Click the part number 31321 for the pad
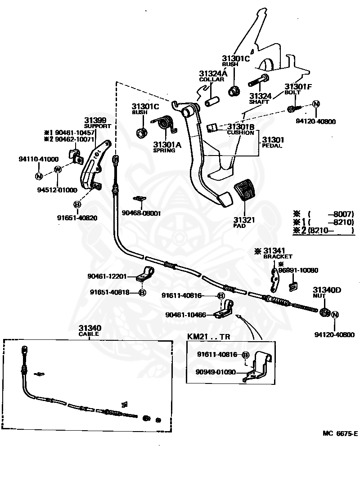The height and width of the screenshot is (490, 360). pos(244,220)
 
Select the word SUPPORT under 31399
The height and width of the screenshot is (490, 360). pos(98,126)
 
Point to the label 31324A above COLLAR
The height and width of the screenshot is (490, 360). pos(213,73)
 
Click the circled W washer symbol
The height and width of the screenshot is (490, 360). pos(58,169)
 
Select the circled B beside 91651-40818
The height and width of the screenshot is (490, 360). pos(142,293)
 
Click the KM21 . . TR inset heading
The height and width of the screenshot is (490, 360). pos(209,336)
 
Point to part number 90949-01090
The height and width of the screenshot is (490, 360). pos(216,372)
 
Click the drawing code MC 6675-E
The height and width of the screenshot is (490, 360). pos(340,433)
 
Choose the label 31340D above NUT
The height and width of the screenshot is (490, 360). pos(327,290)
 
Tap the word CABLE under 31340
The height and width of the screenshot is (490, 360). pos(89,334)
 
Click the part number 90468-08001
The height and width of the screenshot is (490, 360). pos(141,213)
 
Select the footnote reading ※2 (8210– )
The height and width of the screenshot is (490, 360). pos(324,231)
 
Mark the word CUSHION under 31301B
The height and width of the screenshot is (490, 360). pos(240,133)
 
